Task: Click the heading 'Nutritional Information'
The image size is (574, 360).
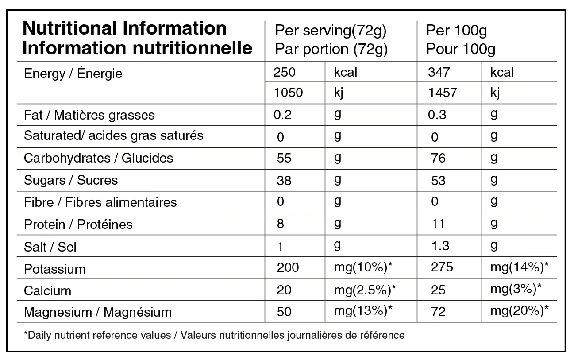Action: pos(124,28)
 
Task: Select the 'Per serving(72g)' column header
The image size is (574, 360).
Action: pos(331,31)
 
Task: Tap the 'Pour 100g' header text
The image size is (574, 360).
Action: pos(460,49)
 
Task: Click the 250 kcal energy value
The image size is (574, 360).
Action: pos(285,72)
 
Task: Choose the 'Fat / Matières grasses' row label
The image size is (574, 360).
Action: pos(89,115)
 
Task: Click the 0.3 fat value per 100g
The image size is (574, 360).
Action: pos(437,114)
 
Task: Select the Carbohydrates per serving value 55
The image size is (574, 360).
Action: pos(284,158)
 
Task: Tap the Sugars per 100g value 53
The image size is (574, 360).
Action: pos(438,180)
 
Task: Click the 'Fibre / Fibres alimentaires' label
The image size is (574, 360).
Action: pos(100,202)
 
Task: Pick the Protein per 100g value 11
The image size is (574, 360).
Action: pos(438,224)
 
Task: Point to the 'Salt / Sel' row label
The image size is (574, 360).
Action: pos(50,247)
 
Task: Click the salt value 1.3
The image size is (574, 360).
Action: pos(440,246)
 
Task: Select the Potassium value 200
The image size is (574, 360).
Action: pos(288,267)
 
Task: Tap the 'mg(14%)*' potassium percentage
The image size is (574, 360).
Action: pos(520,267)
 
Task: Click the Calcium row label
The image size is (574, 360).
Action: pos(47,291)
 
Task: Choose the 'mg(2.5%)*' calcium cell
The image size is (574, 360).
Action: pos(365,290)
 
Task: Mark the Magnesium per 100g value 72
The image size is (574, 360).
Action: pos(438,312)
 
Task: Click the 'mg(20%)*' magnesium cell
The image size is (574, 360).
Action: pos(520,311)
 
